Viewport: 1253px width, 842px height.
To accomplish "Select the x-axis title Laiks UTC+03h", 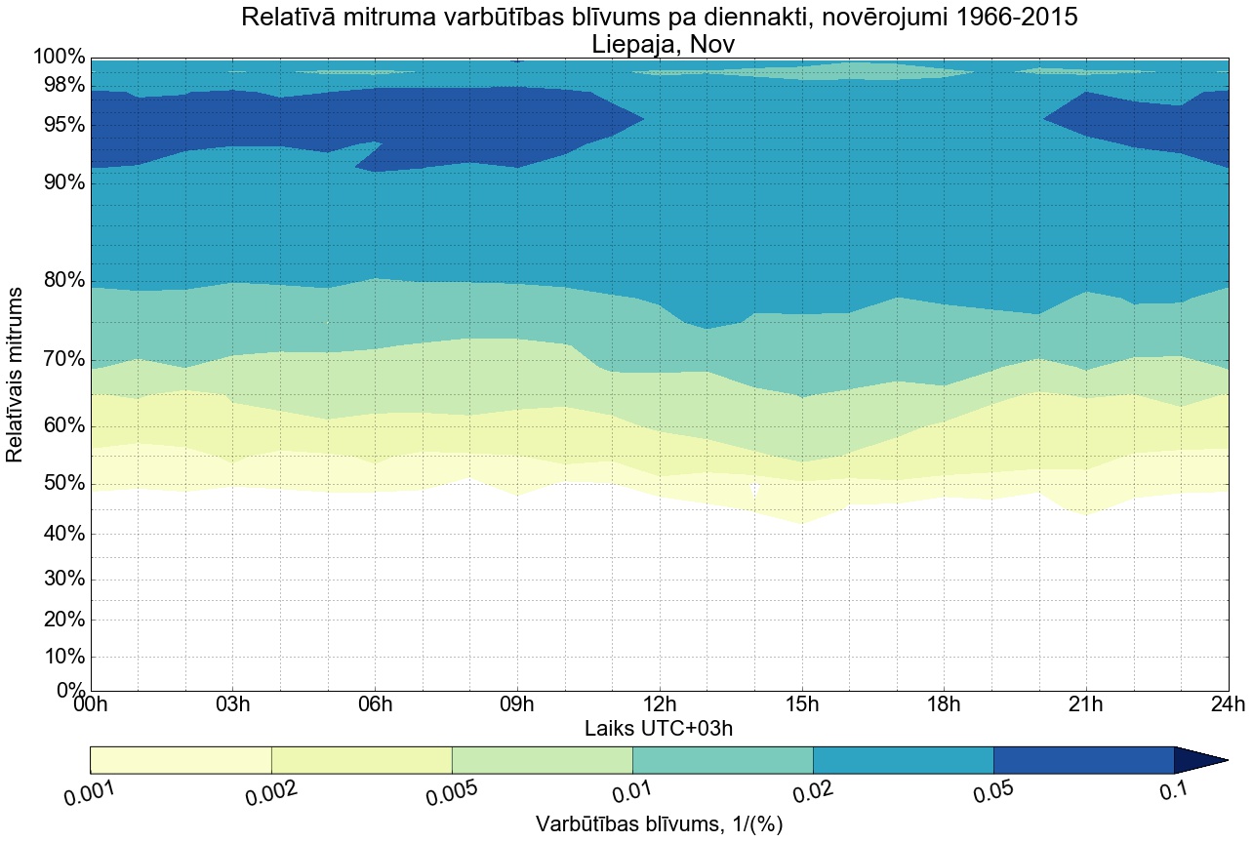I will [660, 729].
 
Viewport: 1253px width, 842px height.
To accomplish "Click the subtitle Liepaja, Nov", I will [660, 44].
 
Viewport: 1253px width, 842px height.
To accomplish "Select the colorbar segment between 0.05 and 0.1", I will [1083, 760].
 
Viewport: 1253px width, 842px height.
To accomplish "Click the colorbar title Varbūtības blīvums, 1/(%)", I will [660, 824].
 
